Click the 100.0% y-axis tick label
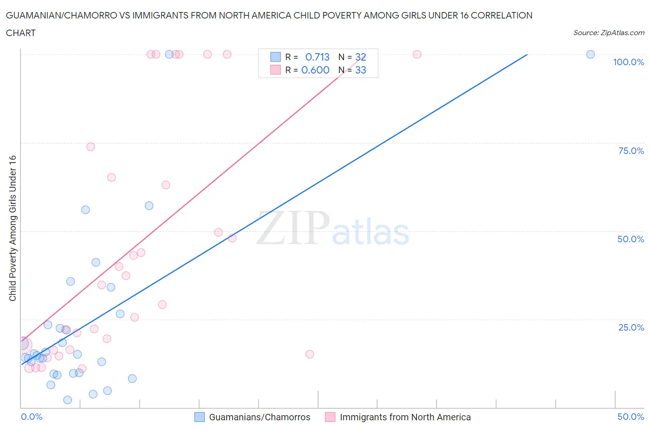tap(628, 62)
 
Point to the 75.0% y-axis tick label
tap(631, 151)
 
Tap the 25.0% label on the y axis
tap(631, 327)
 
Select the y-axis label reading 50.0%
tap(631, 239)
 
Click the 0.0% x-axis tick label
tap(31, 417)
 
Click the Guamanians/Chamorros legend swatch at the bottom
tap(199, 417)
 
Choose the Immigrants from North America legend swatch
tap(330, 417)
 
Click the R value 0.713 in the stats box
tap(317, 57)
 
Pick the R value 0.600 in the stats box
tap(315, 70)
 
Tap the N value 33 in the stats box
tap(361, 70)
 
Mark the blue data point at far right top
tap(590, 54)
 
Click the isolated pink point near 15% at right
tap(310, 354)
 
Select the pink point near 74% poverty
tap(91, 147)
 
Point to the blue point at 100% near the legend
tap(169, 54)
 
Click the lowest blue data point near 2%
tap(67, 400)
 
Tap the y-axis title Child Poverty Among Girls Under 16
tap(12, 228)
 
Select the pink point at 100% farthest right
tap(417, 54)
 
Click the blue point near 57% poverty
tap(149, 206)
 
